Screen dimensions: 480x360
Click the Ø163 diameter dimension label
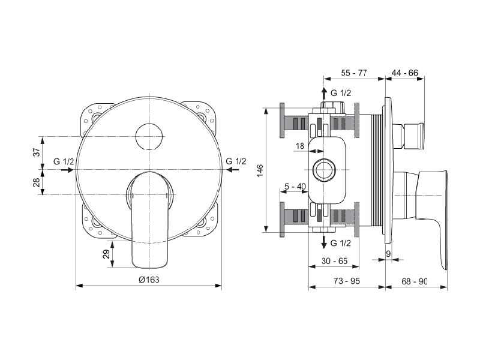[149, 280]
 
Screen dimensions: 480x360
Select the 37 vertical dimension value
[37, 152]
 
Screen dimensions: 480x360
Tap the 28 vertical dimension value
[37, 182]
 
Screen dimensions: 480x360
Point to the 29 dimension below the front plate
[106, 254]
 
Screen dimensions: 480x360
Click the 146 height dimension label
[260, 170]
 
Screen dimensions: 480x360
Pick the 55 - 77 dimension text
[354, 73]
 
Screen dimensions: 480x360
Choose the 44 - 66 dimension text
[404, 73]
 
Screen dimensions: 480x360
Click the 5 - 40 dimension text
[295, 186]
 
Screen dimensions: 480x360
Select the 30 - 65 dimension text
[335, 261]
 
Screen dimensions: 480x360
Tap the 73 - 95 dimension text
[347, 281]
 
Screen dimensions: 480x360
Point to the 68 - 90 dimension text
[414, 281]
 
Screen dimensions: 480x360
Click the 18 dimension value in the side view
[300, 146]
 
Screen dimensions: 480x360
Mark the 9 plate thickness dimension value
[388, 254]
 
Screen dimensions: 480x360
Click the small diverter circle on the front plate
[149, 137]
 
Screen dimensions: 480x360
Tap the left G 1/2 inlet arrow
[67, 170]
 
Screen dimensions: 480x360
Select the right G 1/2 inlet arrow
[233, 170]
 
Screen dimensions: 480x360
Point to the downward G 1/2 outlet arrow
[324, 242]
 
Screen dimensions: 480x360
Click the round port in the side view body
[325, 170]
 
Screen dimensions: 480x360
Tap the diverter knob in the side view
[409, 136]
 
